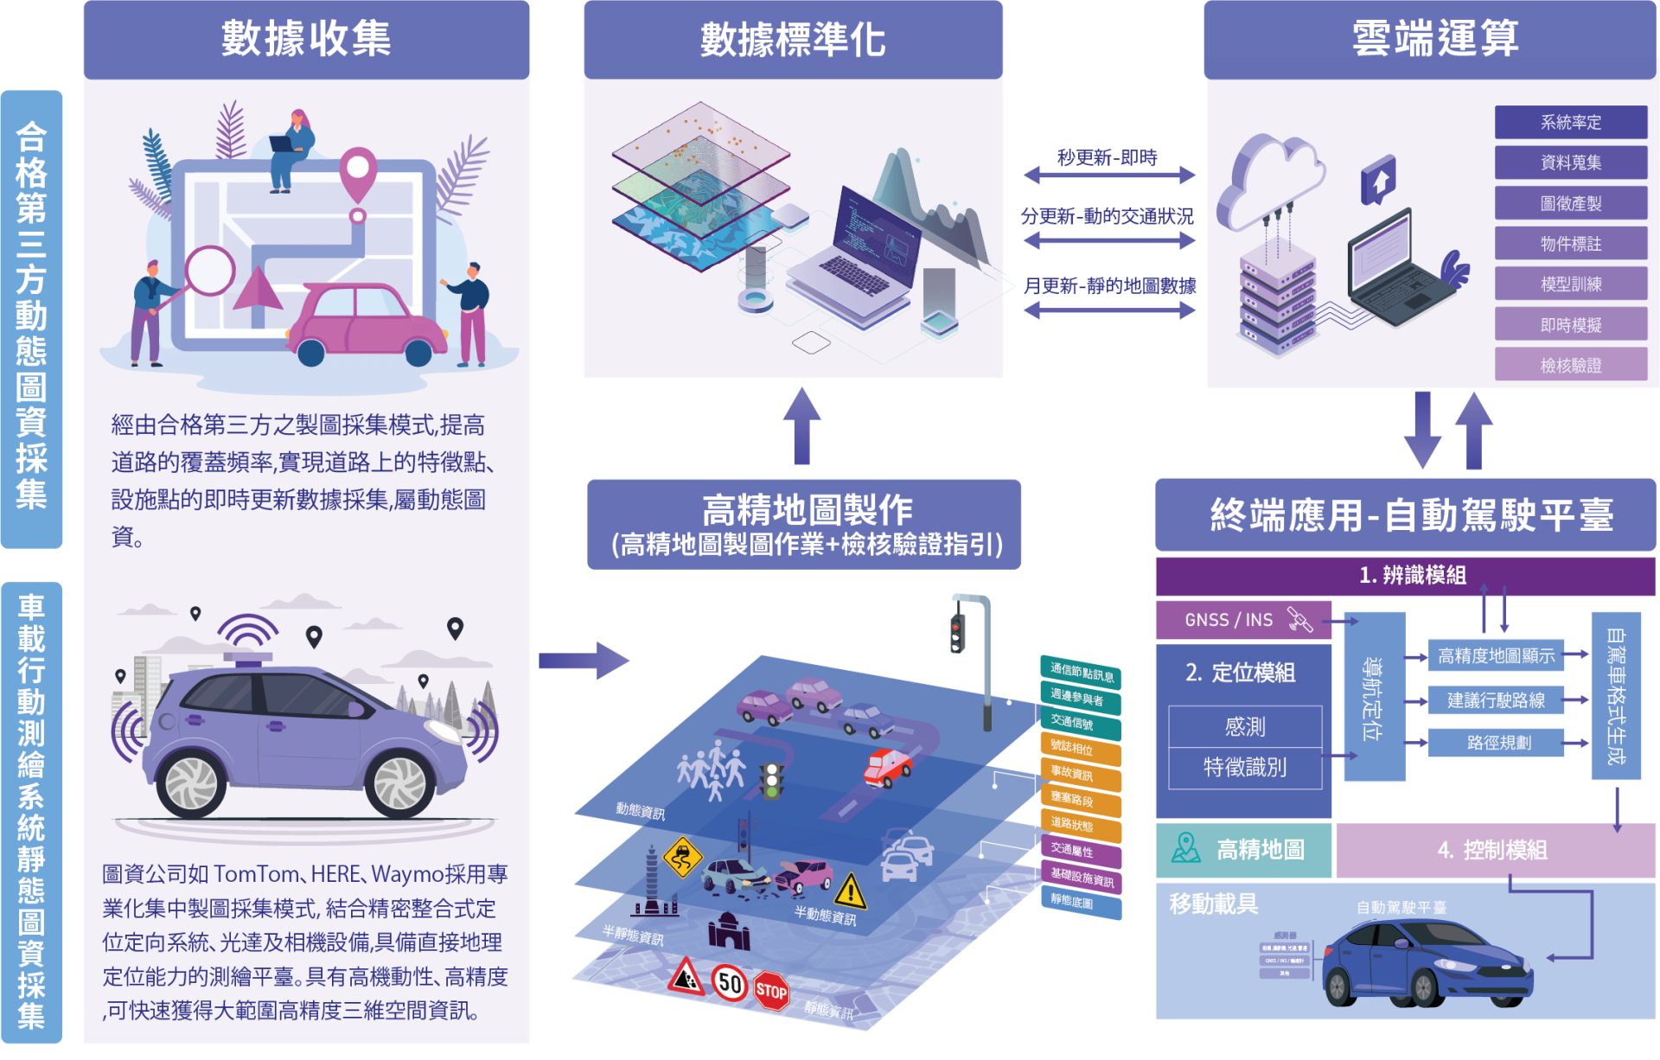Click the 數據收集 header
pos(306,39)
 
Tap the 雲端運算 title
pos(1434,39)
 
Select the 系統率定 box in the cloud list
pos(1570,123)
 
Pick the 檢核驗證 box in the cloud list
pos(1570,365)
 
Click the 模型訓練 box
pos(1570,284)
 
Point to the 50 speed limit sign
pos(729,983)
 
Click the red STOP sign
pos(771,992)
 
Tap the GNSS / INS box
pos(1242,620)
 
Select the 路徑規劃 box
pos(1497,743)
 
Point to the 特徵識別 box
pos(1245,768)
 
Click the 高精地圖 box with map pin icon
pos(1242,851)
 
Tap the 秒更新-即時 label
pos(1107,158)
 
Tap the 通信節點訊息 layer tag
pos(1081,673)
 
